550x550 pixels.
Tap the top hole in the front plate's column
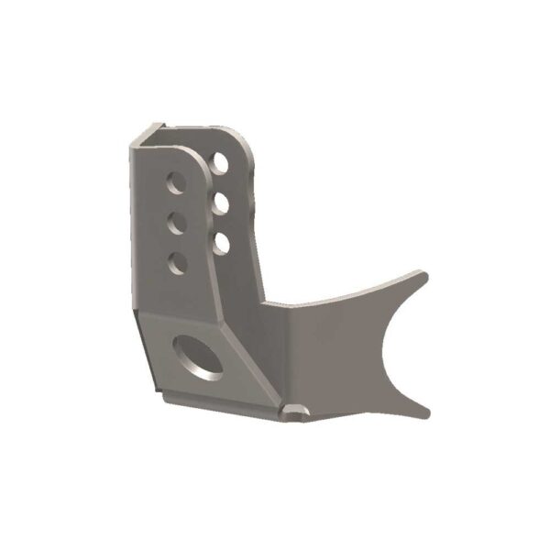coord(174,184)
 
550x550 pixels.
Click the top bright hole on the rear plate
coord(221,163)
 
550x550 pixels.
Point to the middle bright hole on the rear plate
coord(221,203)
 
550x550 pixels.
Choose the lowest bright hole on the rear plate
coord(221,242)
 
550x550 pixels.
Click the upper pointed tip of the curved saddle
coord(421,274)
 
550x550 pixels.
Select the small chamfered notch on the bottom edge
coord(296,412)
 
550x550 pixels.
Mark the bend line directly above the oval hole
coord(183,319)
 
